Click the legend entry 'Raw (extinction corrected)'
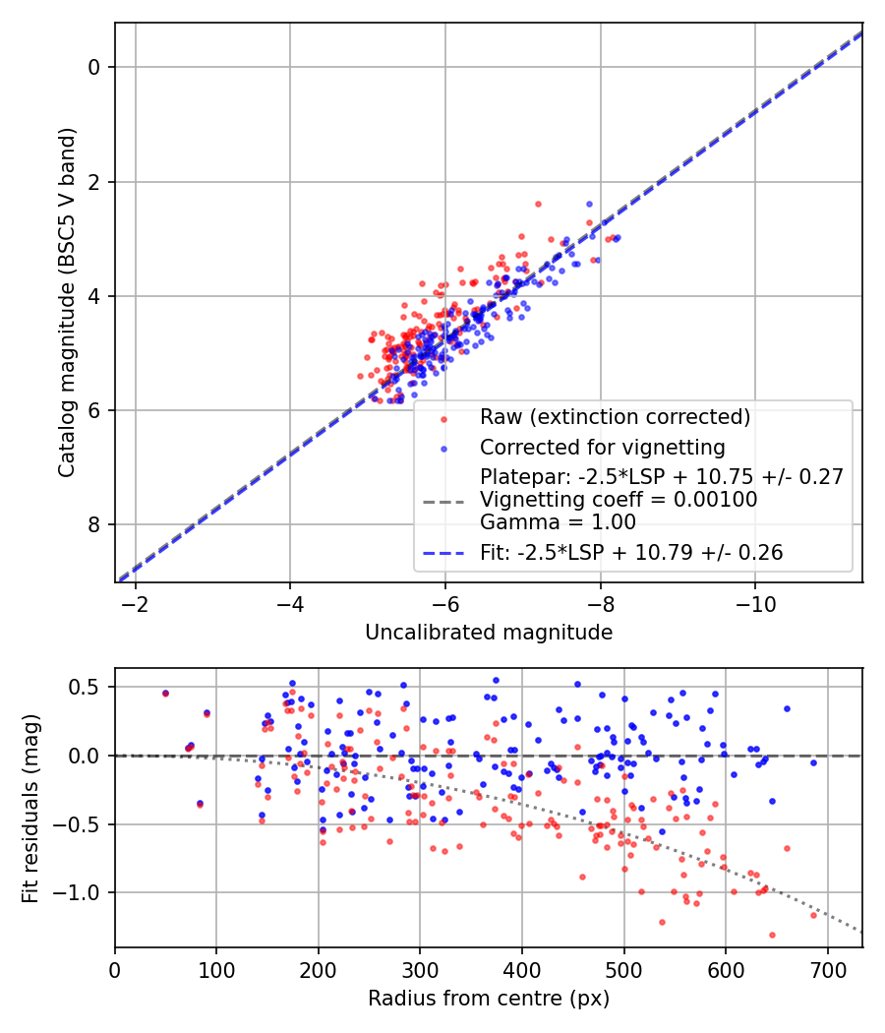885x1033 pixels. pyautogui.click(x=615, y=417)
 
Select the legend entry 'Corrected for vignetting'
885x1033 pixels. pyautogui.click(x=602, y=448)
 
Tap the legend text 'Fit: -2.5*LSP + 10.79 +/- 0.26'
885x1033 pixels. pyautogui.click(x=631, y=553)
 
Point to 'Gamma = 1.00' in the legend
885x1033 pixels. pyautogui.click(x=558, y=522)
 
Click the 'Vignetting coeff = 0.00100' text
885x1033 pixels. pyautogui.click(x=618, y=500)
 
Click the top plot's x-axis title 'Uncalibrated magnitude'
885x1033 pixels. pyautogui.click(x=489, y=633)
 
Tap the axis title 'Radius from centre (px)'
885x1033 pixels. pyautogui.click(x=489, y=999)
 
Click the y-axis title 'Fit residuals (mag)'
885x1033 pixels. pyautogui.click(x=30, y=809)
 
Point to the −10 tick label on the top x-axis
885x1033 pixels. pyautogui.click(x=754, y=600)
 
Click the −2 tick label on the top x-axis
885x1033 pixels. pyautogui.click(x=135, y=600)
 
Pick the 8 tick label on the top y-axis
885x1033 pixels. pyautogui.click(x=95, y=524)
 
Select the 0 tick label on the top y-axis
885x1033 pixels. pyautogui.click(x=95, y=67)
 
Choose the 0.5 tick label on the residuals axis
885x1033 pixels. pyautogui.click(x=87, y=687)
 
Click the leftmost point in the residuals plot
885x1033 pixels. pyautogui.click(x=165, y=693)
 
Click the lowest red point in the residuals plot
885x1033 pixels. pyautogui.click(x=772, y=935)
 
